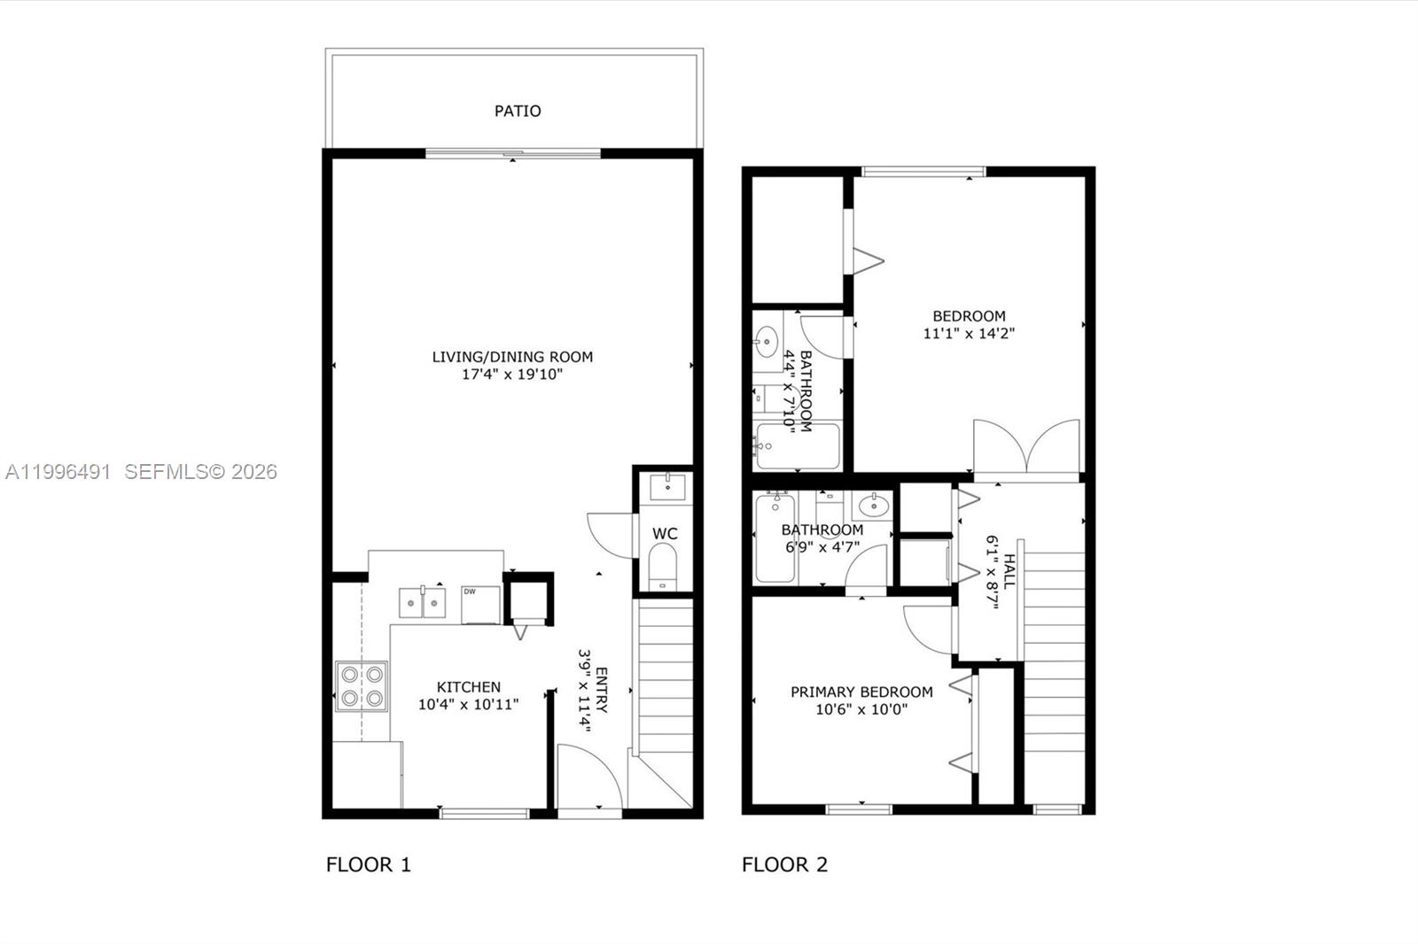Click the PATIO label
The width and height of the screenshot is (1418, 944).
[518, 112]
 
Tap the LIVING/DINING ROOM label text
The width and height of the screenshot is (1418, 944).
[512, 357]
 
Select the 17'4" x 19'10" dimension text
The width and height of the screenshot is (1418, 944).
[512, 375]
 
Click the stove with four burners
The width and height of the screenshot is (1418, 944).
[362, 686]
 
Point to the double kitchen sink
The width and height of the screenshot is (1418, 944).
[422, 603]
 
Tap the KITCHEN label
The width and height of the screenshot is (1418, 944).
[468, 687]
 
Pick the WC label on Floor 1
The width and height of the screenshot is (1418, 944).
[665, 534]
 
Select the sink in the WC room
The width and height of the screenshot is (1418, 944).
[666, 487]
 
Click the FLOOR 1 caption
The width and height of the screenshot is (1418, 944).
[369, 865]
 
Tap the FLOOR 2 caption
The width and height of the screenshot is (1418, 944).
[784, 865]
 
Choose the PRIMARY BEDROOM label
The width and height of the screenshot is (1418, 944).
[861, 693]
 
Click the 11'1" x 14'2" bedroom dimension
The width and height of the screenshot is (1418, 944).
[969, 334]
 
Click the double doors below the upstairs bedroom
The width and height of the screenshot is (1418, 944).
[1026, 447]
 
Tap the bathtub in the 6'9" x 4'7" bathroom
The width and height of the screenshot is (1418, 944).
[775, 538]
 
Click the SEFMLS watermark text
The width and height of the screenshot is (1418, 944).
[200, 472]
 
